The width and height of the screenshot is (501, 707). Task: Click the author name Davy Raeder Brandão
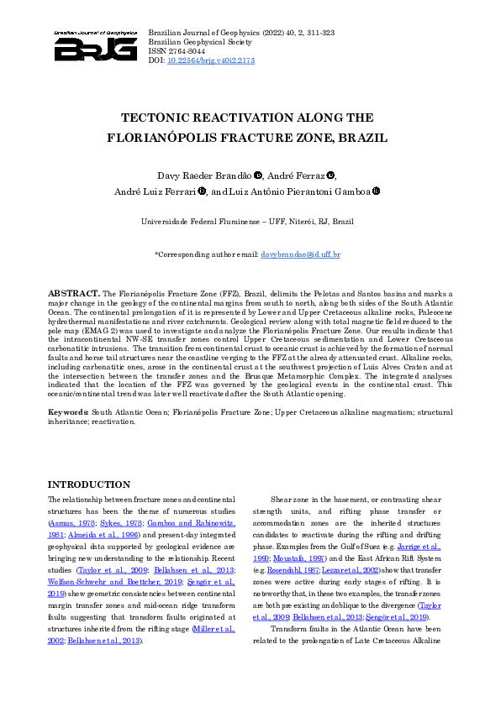click(x=205, y=175)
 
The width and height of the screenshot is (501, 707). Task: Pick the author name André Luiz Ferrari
click(x=155, y=191)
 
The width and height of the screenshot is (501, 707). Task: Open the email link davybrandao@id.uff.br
click(x=301, y=254)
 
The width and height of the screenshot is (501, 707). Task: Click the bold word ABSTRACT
click(x=73, y=294)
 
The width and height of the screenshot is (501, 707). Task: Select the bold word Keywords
click(x=67, y=413)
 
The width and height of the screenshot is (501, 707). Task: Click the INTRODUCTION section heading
click(x=89, y=484)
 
